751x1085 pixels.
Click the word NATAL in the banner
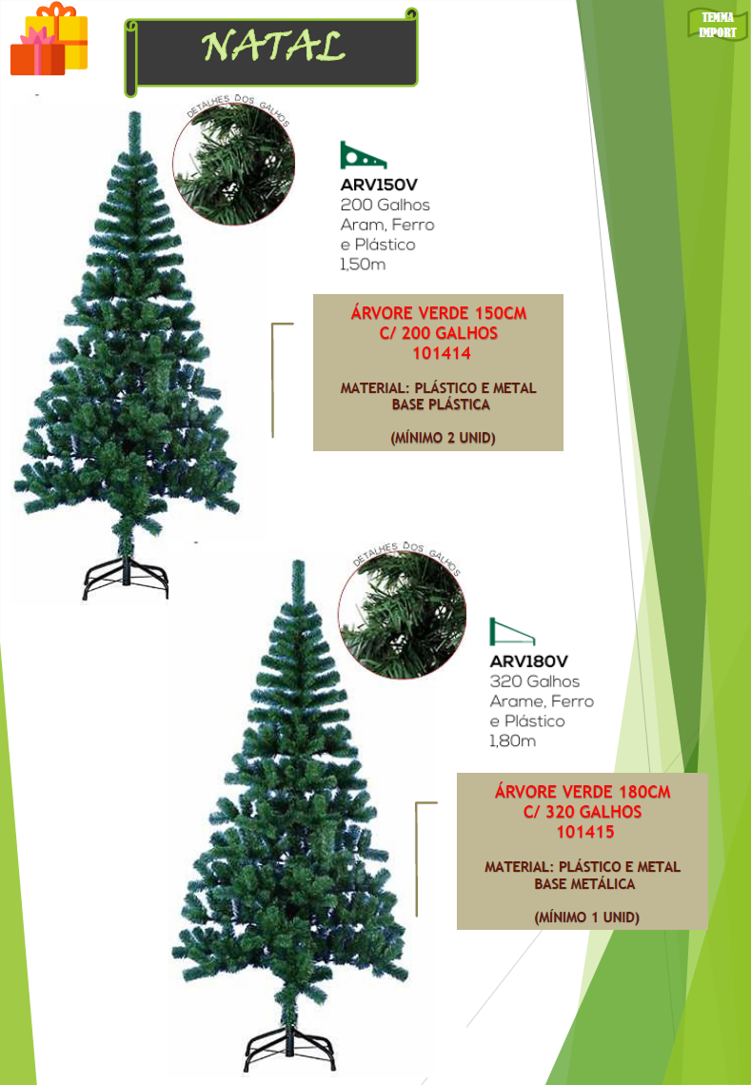[273, 47]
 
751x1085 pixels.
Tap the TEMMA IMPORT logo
[717, 25]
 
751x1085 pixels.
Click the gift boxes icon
[49, 39]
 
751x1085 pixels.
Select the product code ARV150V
[379, 185]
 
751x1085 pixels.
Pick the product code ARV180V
[528, 661]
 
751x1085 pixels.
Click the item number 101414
[442, 353]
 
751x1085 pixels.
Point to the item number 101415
[585, 832]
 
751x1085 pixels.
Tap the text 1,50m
[363, 265]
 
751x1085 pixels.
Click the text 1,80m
[512, 741]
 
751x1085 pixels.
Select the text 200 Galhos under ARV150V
[385, 205]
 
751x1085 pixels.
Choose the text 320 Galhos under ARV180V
[534, 681]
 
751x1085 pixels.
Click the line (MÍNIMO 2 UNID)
[443, 438]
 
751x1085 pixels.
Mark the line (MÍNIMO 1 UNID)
[587, 917]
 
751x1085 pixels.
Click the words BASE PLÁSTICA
[441, 404]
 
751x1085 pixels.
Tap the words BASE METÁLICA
[584, 883]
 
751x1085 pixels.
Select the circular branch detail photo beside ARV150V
[234, 164]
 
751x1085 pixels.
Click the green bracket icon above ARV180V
[511, 631]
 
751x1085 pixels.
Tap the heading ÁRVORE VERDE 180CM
[583, 792]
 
